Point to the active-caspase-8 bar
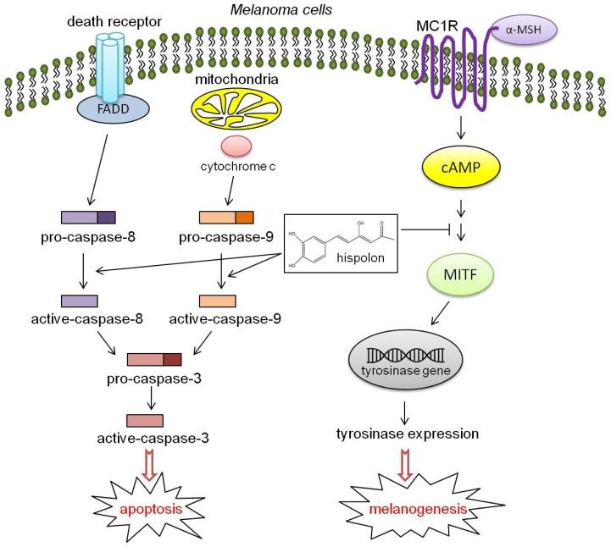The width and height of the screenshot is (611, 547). pyautogui.click(x=80, y=301)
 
